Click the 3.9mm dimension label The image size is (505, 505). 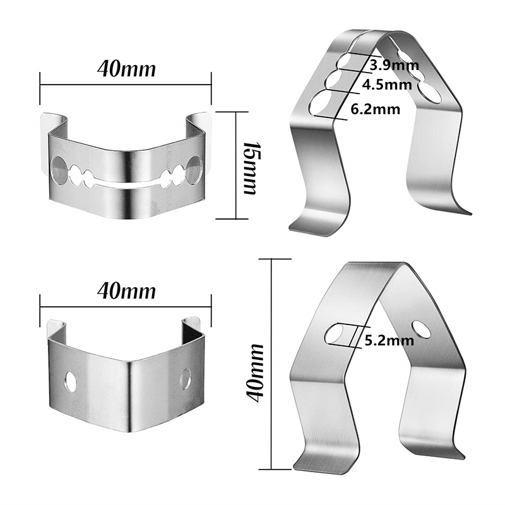click(394, 66)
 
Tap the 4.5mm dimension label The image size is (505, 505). click(387, 85)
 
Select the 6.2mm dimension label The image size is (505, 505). click(375, 109)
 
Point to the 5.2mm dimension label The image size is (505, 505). click(389, 340)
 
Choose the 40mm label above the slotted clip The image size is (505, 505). click(126, 69)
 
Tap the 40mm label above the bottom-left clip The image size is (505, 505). click(126, 291)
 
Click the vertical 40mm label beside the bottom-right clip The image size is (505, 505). click(254, 372)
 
